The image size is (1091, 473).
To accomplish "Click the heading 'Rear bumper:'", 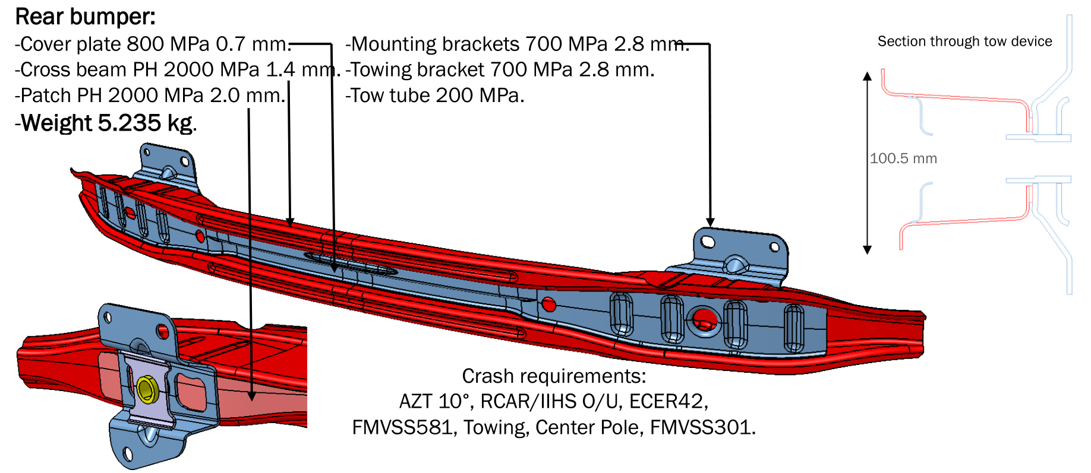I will (85, 17).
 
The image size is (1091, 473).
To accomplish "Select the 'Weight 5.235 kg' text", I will (107, 123).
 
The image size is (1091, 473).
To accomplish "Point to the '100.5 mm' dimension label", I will (903, 158).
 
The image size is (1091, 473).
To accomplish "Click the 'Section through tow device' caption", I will (964, 42).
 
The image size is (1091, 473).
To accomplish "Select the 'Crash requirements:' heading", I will (554, 376).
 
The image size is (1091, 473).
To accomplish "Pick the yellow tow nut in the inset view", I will (146, 389).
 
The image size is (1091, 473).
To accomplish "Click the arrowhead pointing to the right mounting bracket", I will (710, 223).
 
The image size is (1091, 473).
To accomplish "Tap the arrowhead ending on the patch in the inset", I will (251, 396).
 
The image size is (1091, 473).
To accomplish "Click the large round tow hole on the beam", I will (704, 320).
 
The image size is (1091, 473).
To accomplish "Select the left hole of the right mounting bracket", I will (708, 242).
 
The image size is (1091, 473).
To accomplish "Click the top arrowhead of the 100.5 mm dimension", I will (868, 76).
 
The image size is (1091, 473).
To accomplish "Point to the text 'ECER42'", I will (667, 402).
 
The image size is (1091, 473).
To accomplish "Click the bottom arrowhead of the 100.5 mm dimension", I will (868, 250).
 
